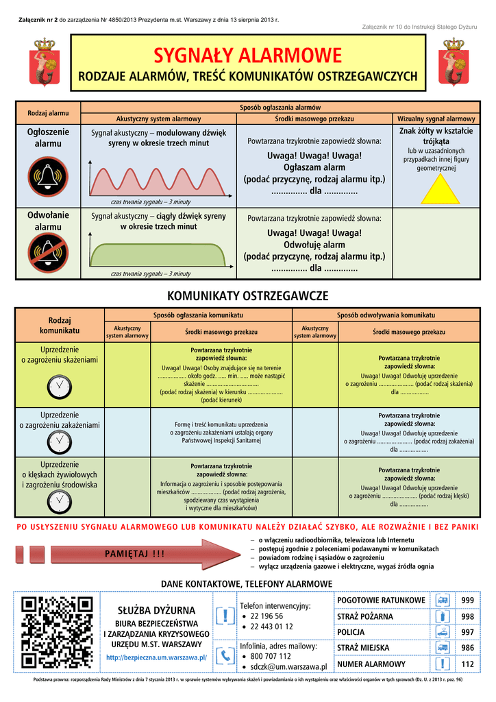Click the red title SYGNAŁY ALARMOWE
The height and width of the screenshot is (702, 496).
tap(248, 56)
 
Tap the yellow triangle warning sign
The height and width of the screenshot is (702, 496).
tap(441, 190)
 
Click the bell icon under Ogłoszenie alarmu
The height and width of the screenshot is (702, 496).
tap(48, 176)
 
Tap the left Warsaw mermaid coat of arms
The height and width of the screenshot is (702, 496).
tap(45, 62)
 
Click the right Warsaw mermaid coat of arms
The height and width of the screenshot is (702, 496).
tap(454, 62)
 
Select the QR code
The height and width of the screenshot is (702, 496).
tap(58, 632)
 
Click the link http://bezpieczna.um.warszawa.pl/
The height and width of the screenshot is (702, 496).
tap(156, 657)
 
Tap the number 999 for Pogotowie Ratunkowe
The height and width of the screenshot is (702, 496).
tap(467, 601)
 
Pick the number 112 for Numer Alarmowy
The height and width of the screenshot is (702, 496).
tap(467, 664)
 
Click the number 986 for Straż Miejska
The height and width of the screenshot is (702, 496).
tap(467, 648)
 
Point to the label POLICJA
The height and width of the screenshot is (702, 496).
tap(351, 632)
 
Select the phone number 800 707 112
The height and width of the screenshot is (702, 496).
tap(271, 656)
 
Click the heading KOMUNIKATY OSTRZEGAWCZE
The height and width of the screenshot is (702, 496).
tap(248, 296)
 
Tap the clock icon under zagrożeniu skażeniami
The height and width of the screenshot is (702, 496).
tap(60, 387)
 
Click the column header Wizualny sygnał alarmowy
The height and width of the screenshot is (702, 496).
tap(436, 119)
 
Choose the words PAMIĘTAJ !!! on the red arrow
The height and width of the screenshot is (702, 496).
tap(135, 554)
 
